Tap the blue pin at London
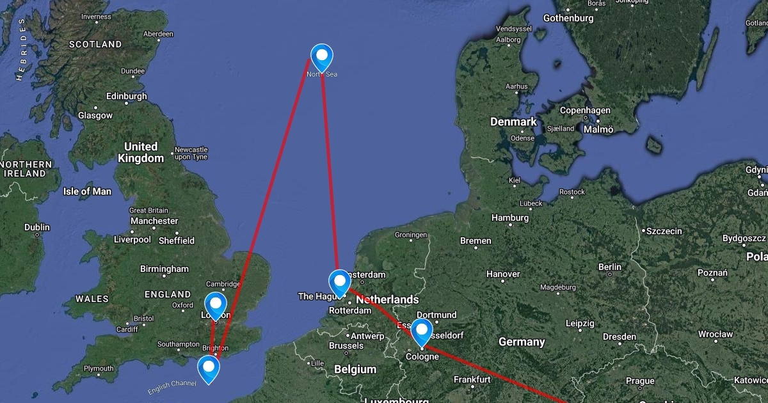(x=216, y=304)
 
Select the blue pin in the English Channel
(x=208, y=368)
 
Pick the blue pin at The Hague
(x=339, y=282)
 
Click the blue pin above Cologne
(x=422, y=331)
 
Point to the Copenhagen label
(x=585, y=110)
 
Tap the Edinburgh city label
(x=126, y=97)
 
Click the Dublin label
(x=36, y=227)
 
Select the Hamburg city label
(x=510, y=217)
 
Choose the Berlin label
(x=609, y=267)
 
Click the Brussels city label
(x=346, y=345)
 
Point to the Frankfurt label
(x=472, y=379)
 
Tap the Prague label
(x=640, y=381)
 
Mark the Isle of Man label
(x=87, y=191)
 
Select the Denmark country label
(x=513, y=122)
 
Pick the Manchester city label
(x=154, y=221)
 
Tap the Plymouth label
(x=99, y=368)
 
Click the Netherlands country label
(x=387, y=299)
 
